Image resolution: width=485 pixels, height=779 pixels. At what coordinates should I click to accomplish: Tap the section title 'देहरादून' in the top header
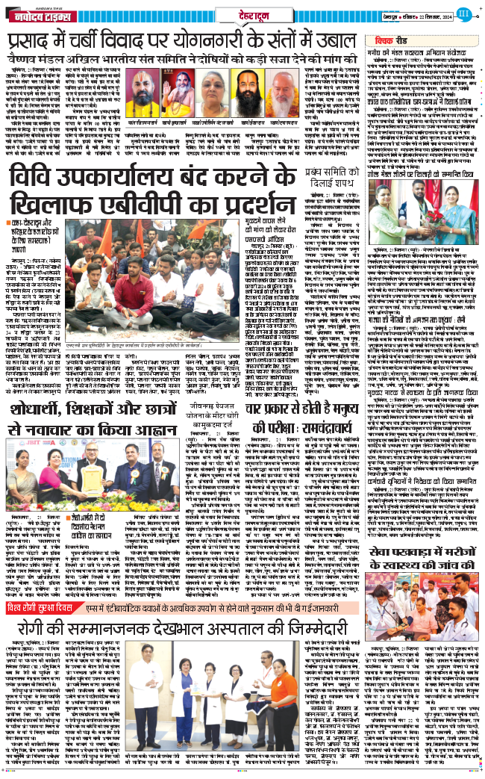coord(245,13)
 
